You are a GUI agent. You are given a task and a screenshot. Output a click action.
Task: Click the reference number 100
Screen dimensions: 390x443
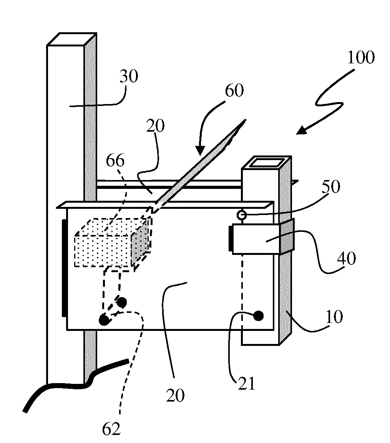tap(361, 58)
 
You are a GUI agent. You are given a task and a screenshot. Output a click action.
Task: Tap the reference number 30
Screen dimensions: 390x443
tap(129, 76)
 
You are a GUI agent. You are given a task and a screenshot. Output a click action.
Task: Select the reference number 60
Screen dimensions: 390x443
tap(234, 91)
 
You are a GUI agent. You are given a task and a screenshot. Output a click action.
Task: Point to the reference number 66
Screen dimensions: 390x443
tap(115, 161)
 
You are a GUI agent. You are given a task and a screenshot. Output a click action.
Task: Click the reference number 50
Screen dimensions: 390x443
tap(330, 187)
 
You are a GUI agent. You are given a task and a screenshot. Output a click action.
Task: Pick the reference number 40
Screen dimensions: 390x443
tap(347, 258)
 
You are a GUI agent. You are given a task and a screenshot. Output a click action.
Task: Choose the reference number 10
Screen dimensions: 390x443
tap(334, 317)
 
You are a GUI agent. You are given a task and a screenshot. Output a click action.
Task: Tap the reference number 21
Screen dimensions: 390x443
tap(247, 383)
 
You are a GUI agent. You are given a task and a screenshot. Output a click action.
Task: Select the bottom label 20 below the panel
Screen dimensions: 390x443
tap(175, 395)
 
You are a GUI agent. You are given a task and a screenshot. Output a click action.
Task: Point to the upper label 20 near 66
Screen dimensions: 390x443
tap(155, 126)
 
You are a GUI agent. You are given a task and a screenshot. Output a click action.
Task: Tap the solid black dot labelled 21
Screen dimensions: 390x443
tap(259, 316)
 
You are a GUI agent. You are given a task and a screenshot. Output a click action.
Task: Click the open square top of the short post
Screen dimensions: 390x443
tap(266, 163)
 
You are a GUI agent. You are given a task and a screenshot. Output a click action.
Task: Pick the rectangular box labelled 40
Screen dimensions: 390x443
tap(256, 239)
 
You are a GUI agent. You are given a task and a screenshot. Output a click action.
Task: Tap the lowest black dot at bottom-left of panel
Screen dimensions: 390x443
tap(105, 320)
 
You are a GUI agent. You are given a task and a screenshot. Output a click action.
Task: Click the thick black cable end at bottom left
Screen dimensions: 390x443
tap(25, 409)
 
